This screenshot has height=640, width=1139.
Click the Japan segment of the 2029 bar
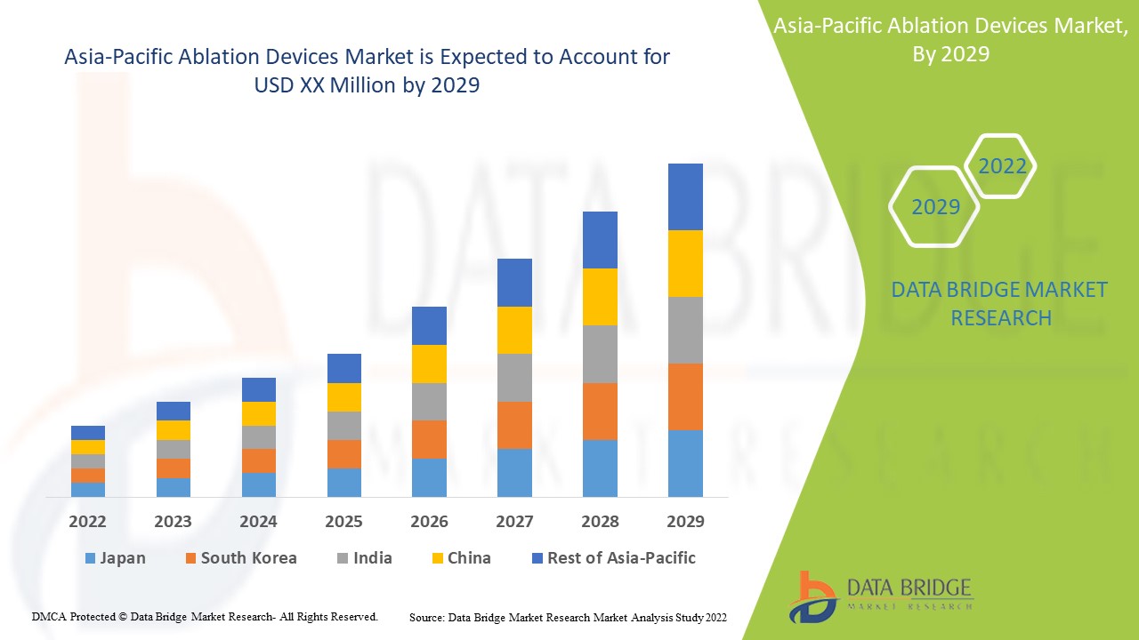point(685,463)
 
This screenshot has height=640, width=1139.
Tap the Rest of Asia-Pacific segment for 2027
point(514,283)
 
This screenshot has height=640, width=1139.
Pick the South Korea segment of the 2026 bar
point(429,439)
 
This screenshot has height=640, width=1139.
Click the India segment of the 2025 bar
point(343,426)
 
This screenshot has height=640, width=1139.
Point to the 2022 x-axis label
point(87,521)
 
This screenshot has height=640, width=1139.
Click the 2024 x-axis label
point(258,521)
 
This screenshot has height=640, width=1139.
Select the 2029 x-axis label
point(685,521)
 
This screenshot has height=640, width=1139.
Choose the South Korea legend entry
point(240,558)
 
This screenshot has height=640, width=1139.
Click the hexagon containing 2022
point(1001,166)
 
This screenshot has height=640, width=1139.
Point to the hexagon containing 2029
point(935,207)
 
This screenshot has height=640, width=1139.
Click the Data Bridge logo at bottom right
point(881,596)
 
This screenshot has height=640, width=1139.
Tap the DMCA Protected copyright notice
point(205,616)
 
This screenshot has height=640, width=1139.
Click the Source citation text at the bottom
point(568,617)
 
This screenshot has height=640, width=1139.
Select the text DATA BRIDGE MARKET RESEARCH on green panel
point(999,303)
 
